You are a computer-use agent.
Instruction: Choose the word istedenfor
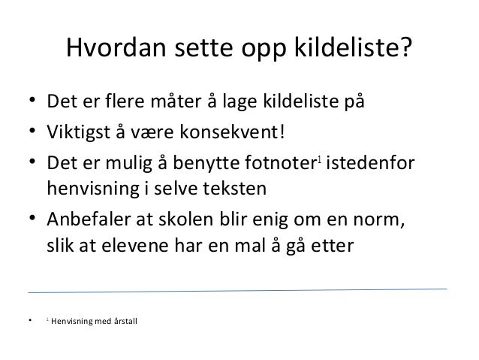(372, 165)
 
